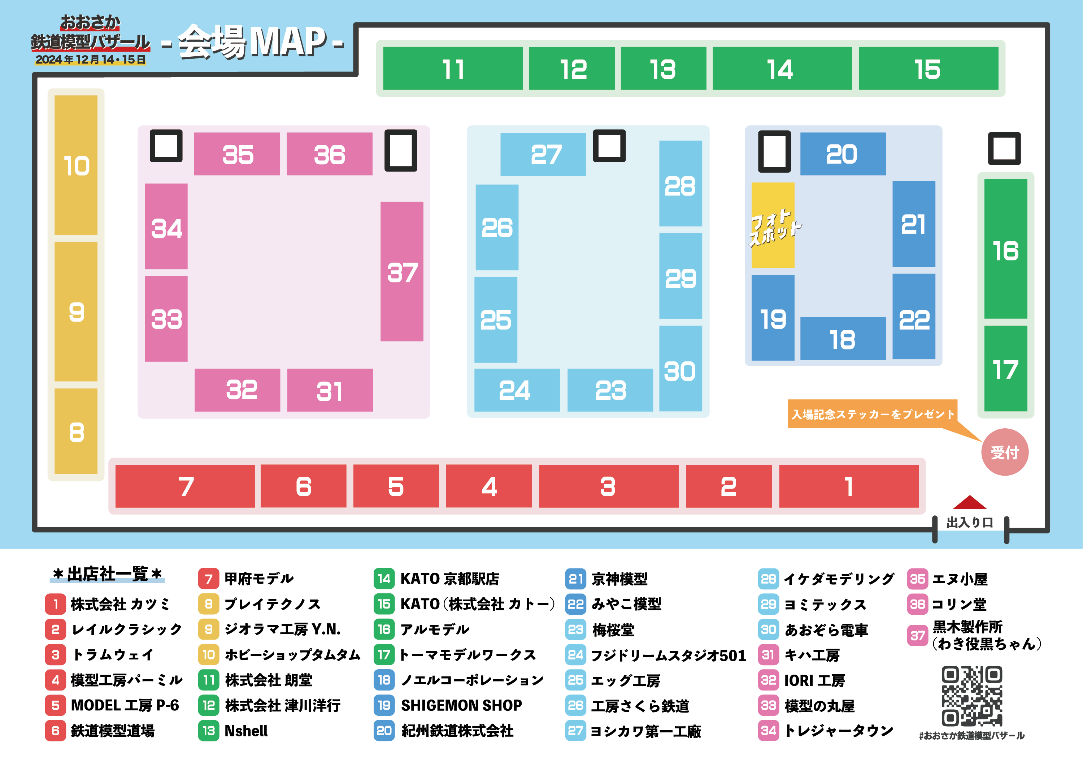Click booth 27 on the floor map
click(543, 154)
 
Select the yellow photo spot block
click(773, 226)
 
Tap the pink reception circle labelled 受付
click(1005, 452)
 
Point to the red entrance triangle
click(969, 503)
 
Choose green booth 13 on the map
click(663, 69)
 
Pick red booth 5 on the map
click(396, 486)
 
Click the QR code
click(972, 696)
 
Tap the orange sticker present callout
click(873, 414)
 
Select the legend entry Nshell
click(246, 731)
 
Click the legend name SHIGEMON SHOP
click(461, 705)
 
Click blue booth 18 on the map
click(843, 338)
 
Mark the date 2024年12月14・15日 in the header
click(91, 60)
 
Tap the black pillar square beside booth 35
click(166, 146)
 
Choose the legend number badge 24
click(575, 655)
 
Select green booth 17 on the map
click(1005, 369)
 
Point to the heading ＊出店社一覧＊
click(108, 574)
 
